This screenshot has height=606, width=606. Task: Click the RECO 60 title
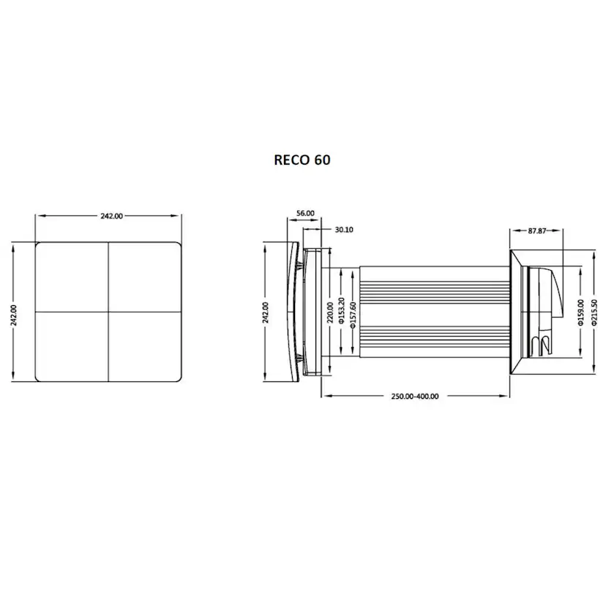(x=302, y=160)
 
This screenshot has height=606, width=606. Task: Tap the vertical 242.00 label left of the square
(x=14, y=315)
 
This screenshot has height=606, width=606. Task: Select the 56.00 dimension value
(x=305, y=213)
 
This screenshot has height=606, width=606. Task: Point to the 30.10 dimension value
(x=344, y=230)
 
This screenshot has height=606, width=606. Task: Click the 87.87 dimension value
(x=536, y=231)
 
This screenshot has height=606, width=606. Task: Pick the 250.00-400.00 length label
(x=415, y=396)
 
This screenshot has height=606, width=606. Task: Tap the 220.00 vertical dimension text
(x=330, y=313)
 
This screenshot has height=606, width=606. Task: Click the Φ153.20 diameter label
(x=341, y=310)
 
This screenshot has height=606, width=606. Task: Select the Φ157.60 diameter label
(x=353, y=315)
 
